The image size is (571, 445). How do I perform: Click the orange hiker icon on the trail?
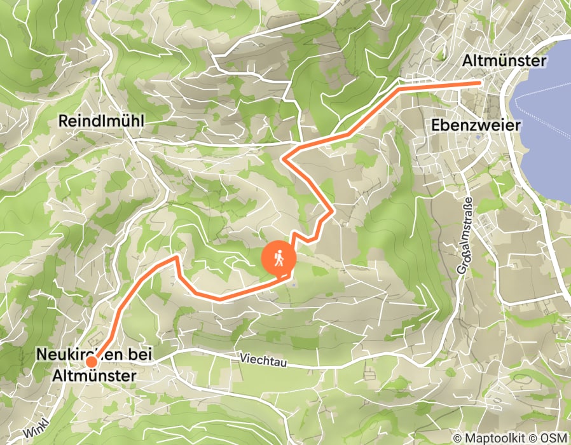[279, 259]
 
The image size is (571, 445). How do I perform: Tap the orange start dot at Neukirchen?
[92, 362]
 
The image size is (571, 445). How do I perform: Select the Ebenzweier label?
[476, 125]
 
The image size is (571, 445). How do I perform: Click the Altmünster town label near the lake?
[504, 61]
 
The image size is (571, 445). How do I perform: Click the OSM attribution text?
[556, 438]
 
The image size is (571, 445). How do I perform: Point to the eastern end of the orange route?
[479, 83]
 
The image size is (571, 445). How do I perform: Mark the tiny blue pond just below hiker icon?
[294, 284]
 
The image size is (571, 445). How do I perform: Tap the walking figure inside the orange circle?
[279, 259]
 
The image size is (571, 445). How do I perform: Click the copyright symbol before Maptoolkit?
[458, 438]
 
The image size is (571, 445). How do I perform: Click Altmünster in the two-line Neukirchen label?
[93, 376]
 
